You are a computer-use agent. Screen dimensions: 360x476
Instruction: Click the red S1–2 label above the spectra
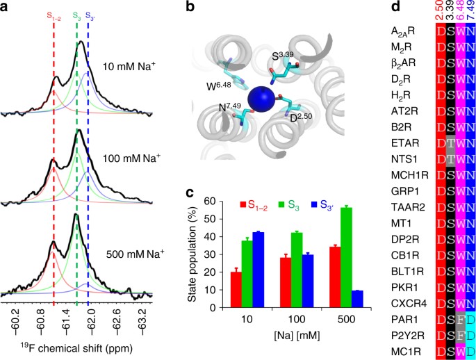(54, 15)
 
